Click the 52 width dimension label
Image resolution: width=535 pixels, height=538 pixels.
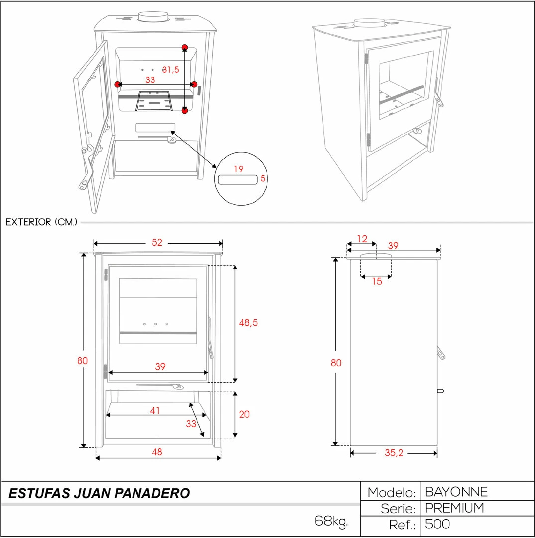coord(157,243)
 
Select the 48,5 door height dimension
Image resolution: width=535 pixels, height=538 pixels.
coord(248,323)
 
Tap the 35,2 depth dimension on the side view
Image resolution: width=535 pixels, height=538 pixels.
coord(394,453)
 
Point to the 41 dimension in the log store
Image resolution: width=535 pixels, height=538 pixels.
coord(155,411)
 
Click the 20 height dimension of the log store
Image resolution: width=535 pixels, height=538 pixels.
coord(244,414)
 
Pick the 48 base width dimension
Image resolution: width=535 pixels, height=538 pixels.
coord(157,452)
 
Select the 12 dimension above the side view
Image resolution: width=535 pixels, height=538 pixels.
coord(362,239)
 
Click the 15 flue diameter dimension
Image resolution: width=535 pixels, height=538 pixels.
coord(377,281)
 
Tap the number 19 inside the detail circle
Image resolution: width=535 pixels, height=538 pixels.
coord(238,169)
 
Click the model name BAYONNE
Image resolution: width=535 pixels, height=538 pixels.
coord(456,492)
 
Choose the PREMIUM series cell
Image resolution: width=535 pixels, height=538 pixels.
coord(454,508)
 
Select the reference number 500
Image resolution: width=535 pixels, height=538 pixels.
coord(437,524)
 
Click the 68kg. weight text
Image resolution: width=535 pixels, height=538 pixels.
coord(331,522)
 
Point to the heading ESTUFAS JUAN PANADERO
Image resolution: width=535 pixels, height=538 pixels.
coord(100,494)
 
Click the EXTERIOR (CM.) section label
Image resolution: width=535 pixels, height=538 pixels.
coord(41,222)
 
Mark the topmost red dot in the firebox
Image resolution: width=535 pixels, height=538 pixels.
coord(185,48)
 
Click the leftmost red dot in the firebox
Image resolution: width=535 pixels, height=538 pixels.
coord(118,84)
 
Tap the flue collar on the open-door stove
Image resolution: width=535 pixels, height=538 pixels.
coord(153,17)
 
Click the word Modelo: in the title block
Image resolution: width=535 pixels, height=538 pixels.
coord(392,493)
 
